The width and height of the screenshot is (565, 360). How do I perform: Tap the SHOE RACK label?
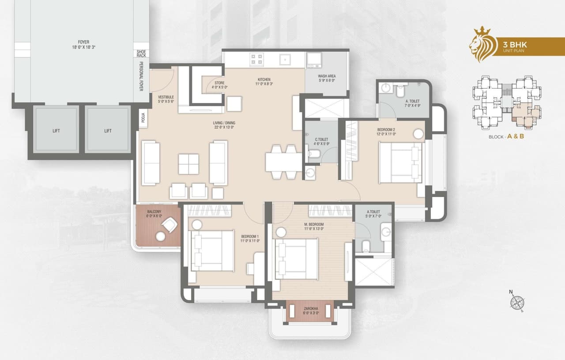141,53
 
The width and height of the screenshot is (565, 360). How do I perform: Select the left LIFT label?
56,131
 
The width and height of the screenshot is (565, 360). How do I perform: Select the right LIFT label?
108,131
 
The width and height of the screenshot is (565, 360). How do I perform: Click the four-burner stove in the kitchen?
257,59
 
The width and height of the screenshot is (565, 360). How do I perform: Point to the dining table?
283,162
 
